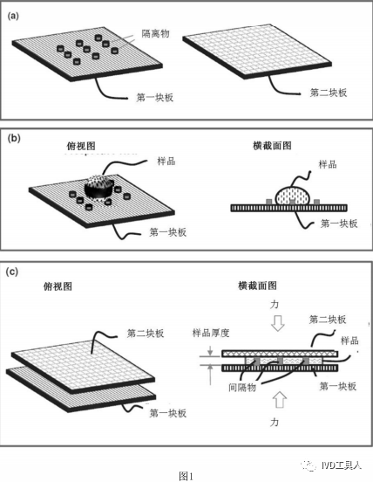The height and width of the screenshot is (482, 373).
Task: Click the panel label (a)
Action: (13, 17)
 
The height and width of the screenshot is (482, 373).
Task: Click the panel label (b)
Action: (14, 139)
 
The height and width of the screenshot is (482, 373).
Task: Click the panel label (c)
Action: (12, 272)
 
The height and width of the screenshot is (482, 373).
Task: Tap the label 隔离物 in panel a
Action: (155, 33)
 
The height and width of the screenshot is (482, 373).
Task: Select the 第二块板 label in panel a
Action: (329, 93)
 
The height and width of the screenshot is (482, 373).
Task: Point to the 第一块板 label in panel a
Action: (155, 98)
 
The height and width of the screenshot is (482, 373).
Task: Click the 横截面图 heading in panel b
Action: (272, 146)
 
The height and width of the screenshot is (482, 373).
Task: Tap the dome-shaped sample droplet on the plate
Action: (98, 187)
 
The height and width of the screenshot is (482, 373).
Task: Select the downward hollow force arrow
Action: (278, 323)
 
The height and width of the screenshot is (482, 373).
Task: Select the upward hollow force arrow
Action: (279, 400)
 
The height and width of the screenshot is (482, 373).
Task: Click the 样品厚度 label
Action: (211, 333)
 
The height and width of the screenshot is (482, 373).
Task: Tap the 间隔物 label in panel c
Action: (242, 388)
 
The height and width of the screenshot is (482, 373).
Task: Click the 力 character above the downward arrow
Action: (275, 305)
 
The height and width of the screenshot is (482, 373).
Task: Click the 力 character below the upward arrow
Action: (275, 422)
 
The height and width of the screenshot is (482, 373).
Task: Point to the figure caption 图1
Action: (186, 476)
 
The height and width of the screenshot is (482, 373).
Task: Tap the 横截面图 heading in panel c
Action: (257, 286)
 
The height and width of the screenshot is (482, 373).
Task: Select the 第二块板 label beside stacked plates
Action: (146, 334)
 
